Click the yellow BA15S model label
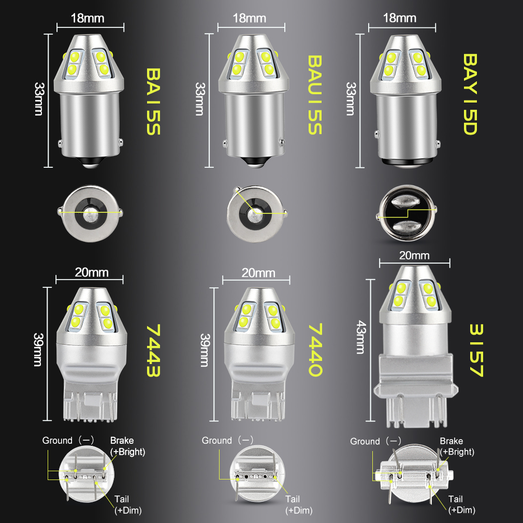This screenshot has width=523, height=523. pos(153,101)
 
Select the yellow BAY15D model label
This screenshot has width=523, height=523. pos(469,94)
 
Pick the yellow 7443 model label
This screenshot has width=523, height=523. pos(153,351)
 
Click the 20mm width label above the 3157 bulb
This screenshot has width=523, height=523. pos(414,255)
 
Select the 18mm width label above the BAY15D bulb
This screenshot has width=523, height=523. pos(400,18)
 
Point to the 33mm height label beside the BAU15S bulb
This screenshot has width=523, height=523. pos(199,98)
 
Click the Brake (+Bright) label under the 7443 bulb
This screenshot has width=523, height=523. pos(127,446)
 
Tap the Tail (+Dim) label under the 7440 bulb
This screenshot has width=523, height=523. pos(299,505)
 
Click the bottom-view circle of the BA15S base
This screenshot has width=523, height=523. pos(90,211)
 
